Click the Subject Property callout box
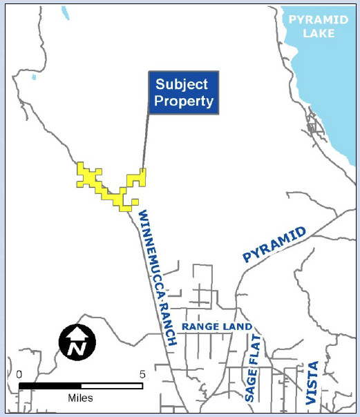pyautogui.click(x=184, y=93)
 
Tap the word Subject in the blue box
pyautogui.click(x=181, y=84)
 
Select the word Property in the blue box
pyautogui.click(x=184, y=101)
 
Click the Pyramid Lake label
pyautogui.click(x=318, y=26)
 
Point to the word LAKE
pyautogui.click(x=319, y=33)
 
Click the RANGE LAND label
pyautogui.click(x=217, y=327)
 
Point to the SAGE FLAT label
pyautogui.click(x=251, y=375)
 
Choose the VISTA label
pyautogui.click(x=312, y=382)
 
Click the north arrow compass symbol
pyautogui.click(x=77, y=342)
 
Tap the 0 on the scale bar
pyautogui.click(x=19, y=374)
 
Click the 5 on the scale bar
pyautogui.click(x=142, y=374)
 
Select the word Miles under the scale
pyautogui.click(x=80, y=398)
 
